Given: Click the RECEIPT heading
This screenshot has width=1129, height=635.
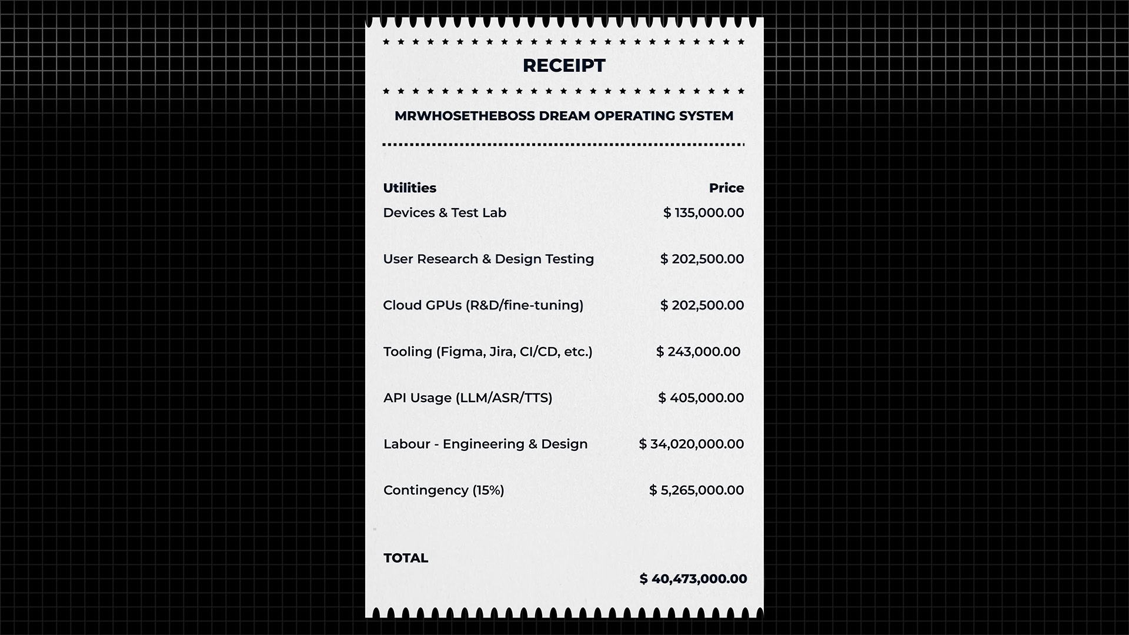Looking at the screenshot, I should [x=564, y=66].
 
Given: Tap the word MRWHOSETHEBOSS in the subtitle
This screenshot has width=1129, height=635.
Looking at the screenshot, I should [x=464, y=116].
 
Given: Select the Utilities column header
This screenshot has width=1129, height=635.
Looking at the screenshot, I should [x=410, y=188].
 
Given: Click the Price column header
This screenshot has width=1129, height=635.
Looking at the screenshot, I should [x=726, y=188].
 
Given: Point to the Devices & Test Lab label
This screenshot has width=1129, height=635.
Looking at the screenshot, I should [x=445, y=213].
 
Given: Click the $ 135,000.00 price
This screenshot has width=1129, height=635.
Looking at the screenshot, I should [x=703, y=213].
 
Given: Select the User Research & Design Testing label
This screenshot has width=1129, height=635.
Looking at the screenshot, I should [x=489, y=259].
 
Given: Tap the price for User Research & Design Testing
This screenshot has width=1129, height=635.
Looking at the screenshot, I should [x=702, y=259].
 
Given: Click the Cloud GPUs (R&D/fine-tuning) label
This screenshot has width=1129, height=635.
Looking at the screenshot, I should [x=483, y=306].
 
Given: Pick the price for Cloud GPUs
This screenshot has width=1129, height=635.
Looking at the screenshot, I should [x=702, y=306].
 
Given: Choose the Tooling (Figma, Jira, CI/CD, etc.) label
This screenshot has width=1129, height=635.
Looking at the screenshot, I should [x=488, y=352].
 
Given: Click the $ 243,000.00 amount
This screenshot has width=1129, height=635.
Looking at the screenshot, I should [x=698, y=352].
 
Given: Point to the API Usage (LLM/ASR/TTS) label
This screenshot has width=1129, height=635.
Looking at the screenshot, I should [x=468, y=398].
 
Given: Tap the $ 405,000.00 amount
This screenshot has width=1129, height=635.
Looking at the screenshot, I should [x=701, y=398].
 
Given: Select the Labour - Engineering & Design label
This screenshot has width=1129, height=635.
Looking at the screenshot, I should [x=486, y=444].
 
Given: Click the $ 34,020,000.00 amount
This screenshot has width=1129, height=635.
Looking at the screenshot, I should [x=692, y=444].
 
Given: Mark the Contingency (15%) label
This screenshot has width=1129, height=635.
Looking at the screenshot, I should [x=444, y=490].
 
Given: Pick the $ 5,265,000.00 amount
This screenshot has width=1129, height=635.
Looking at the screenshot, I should [x=697, y=490].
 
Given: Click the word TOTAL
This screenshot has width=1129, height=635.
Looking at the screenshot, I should [x=406, y=558].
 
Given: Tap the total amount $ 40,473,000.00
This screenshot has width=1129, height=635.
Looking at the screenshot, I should [x=693, y=579].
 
